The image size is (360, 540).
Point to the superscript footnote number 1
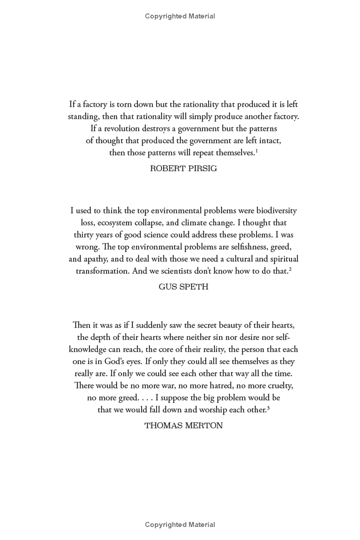[x=256, y=150]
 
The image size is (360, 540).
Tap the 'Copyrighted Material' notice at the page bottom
[x=180, y=525]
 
